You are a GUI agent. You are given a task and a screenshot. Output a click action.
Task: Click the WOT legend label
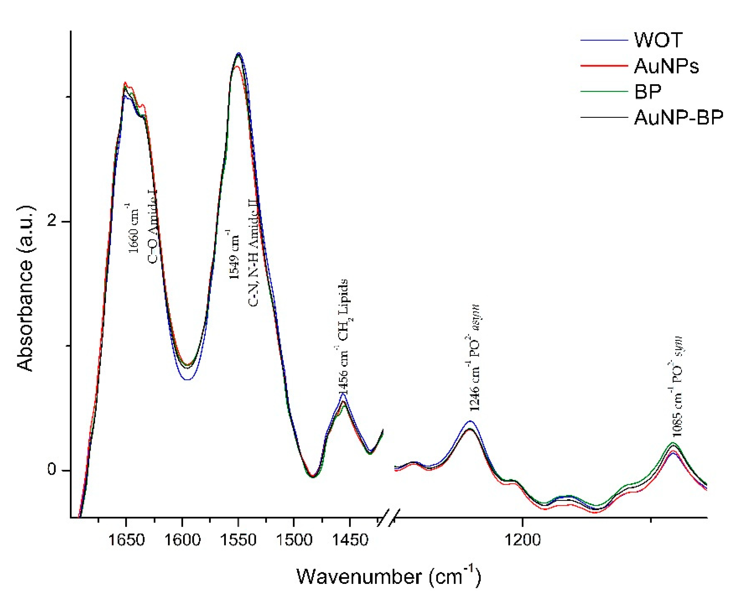(x=658, y=40)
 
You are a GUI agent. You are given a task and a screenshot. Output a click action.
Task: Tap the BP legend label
(x=648, y=92)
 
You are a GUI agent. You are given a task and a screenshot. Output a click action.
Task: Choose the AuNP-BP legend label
(x=679, y=118)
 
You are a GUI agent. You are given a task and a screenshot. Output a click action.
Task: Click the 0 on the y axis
(x=52, y=470)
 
